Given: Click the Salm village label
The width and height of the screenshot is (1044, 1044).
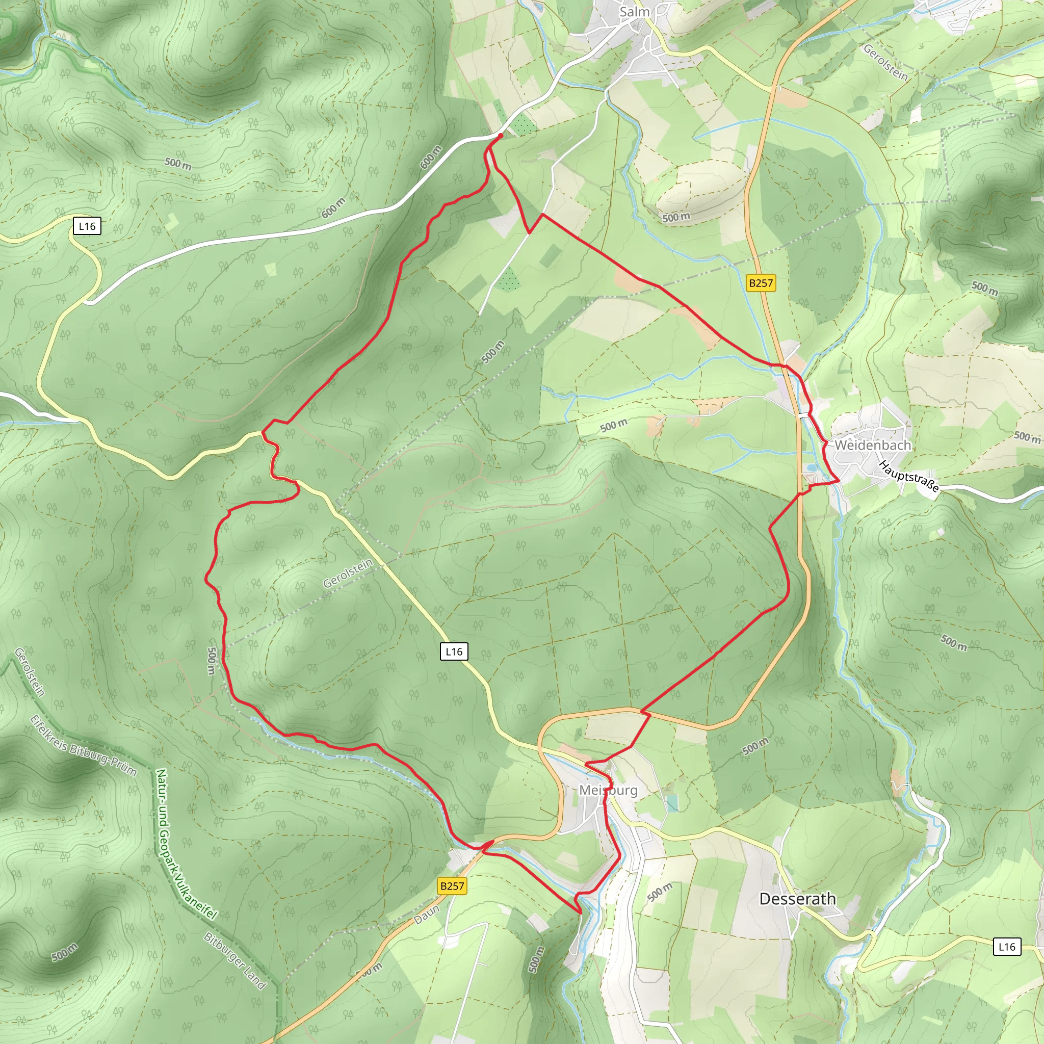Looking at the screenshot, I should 634,11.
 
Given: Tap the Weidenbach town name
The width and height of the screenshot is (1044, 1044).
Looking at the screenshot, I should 873,445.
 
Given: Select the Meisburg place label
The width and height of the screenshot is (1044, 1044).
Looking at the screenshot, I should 608,790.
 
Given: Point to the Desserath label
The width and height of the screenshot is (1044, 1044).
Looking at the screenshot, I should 797,899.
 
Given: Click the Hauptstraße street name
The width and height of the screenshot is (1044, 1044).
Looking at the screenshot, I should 908,476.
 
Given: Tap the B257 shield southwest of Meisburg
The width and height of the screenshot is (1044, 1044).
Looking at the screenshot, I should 452,885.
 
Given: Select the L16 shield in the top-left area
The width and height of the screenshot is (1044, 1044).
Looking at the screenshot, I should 87,226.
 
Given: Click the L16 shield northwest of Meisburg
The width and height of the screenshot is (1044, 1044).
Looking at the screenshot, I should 454,651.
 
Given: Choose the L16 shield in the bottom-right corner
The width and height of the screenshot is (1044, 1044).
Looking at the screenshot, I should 1007,946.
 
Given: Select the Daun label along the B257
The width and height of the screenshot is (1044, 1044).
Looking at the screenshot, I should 427,915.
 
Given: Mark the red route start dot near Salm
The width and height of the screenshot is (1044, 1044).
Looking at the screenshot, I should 501,136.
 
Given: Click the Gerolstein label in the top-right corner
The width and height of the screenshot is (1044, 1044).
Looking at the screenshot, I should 885,62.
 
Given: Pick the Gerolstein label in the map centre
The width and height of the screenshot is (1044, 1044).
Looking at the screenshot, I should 348,573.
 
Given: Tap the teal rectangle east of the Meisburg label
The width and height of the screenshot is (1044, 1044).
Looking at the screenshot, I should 672,803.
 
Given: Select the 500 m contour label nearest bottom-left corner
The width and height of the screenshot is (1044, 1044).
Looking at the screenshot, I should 64,952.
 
